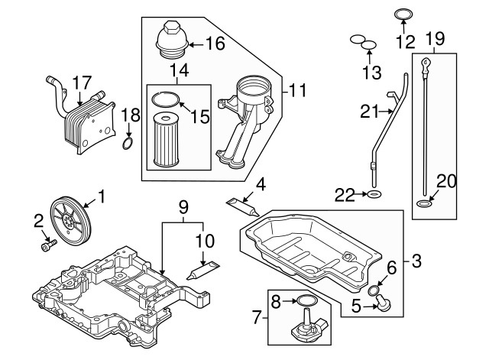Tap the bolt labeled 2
(x=47, y=246)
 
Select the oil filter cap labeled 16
(x=170, y=40)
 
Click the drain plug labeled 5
(x=381, y=306)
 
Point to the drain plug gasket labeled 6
(x=372, y=291)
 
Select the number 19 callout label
(x=435, y=37)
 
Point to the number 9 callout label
(x=183, y=206)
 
